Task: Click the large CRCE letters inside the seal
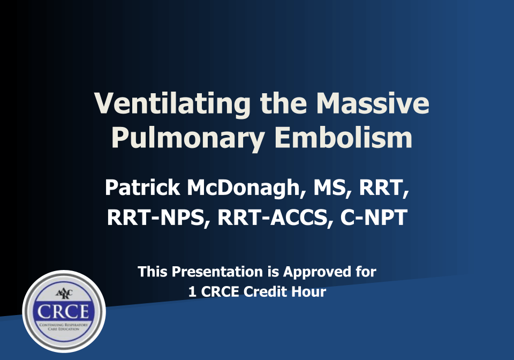click(64, 311)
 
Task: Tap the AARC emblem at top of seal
click(64, 293)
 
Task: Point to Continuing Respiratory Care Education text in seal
click(64, 326)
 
